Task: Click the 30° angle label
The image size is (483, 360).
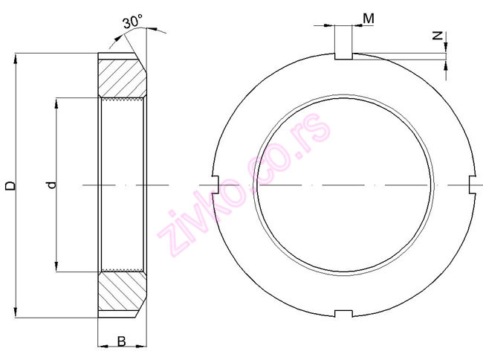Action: (132, 22)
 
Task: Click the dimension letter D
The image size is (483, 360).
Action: (9, 185)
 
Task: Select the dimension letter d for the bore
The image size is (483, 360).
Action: (50, 185)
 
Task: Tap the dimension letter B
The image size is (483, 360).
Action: (121, 343)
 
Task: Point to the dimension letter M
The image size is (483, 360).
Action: (369, 16)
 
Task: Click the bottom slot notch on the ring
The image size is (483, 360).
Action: (343, 313)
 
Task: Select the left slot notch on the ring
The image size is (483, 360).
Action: (215, 184)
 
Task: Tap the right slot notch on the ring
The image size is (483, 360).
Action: (472, 184)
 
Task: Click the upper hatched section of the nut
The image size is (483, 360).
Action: (120, 75)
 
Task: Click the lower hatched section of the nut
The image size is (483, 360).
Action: (120, 295)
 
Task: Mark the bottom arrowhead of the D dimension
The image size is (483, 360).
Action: (16, 312)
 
